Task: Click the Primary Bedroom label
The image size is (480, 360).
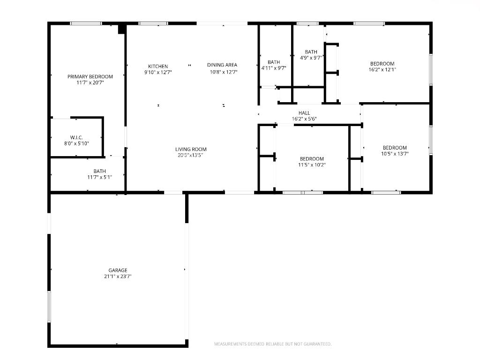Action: click(90, 76)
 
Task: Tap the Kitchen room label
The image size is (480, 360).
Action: click(158, 67)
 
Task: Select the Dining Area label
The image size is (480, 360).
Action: click(222, 65)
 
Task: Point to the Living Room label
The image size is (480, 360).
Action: click(191, 149)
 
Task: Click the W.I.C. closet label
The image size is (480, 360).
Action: click(76, 137)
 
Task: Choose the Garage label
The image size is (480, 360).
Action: click(118, 270)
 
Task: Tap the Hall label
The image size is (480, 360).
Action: click(304, 113)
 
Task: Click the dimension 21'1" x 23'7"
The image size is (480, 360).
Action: click(118, 277)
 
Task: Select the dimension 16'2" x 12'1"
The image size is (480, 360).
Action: click(382, 69)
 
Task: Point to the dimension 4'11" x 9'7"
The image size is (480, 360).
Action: click(274, 68)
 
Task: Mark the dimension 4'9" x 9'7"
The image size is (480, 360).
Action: click(311, 58)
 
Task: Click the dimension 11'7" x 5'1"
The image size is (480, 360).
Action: click(99, 177)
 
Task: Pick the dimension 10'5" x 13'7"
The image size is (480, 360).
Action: click(394, 153)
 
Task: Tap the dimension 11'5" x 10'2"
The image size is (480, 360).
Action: click(312, 165)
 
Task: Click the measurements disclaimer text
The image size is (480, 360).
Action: click(273, 344)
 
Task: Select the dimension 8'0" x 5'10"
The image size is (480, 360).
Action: click(76, 143)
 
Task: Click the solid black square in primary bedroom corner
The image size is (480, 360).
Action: click(121, 29)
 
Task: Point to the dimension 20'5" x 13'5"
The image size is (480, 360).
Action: click(191, 155)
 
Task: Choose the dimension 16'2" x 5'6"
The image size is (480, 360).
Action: click(304, 119)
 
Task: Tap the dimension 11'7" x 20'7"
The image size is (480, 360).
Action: click(90, 82)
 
